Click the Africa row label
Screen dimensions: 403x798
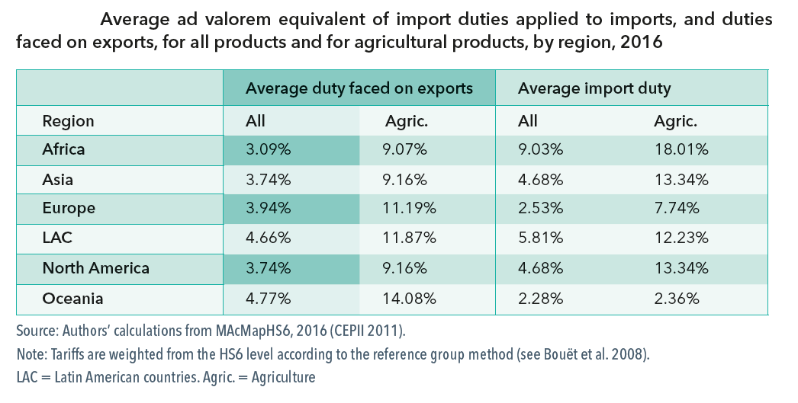coord(63,149)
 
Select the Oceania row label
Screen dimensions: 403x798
coord(72,298)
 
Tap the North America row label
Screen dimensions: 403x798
coord(95,268)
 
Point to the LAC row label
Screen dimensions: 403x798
coord(57,238)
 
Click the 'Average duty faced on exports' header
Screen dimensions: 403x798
coord(359,88)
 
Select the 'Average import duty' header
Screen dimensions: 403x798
coord(594,88)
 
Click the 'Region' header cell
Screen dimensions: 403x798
coord(68,120)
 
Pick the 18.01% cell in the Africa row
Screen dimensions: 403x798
coord(681,149)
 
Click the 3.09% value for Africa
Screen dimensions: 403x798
coord(268,149)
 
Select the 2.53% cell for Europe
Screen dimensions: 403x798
coord(540,209)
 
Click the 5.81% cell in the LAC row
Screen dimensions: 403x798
coord(540,238)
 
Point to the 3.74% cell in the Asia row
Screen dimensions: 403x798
coord(268,180)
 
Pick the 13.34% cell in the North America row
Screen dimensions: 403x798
coord(681,268)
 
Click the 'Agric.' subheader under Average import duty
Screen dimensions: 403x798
coord(675,120)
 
